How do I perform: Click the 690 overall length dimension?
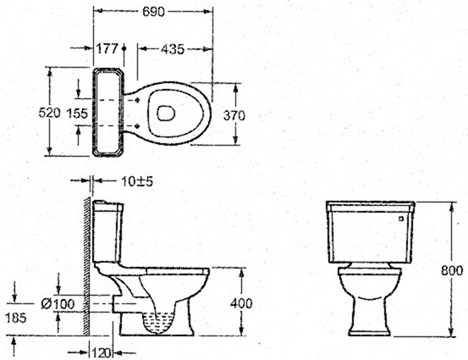pyautogui.click(x=153, y=12)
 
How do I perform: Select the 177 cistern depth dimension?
pyautogui.click(x=107, y=48)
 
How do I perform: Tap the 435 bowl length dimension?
pyautogui.click(x=173, y=49)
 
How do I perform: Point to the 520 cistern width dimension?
pyautogui.click(x=50, y=113)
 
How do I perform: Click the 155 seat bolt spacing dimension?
pyautogui.click(x=77, y=114)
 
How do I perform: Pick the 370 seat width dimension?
pyautogui.click(x=234, y=115)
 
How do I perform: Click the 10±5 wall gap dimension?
pyautogui.click(x=137, y=181)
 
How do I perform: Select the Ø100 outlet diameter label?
pyautogui.click(x=58, y=304)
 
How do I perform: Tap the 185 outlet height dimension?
pyautogui.click(x=16, y=318)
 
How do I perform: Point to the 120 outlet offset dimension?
pyautogui.click(x=102, y=353)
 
